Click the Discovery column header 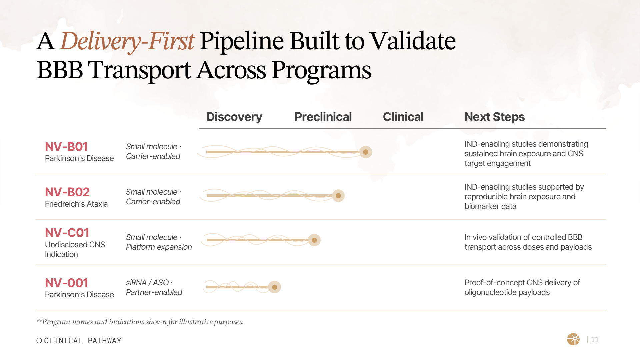pyautogui.click(x=234, y=117)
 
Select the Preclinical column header pyautogui.click(x=323, y=117)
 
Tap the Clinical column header pyautogui.click(x=403, y=117)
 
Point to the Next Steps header pyautogui.click(x=494, y=117)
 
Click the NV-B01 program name pyautogui.click(x=66, y=147)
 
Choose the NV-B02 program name pyautogui.click(x=67, y=192)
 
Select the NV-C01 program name pyautogui.click(x=67, y=233)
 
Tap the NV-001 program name pyautogui.click(x=66, y=283)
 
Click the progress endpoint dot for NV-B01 pyautogui.click(x=366, y=152)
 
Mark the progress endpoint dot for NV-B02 pyautogui.click(x=338, y=196)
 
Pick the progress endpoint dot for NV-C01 pyautogui.click(x=314, y=240)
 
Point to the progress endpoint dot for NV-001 pyautogui.click(x=275, y=287)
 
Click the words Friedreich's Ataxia pyautogui.click(x=76, y=204)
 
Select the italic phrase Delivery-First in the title pyautogui.click(x=127, y=41)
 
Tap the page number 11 pyautogui.click(x=595, y=340)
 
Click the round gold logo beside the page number pyautogui.click(x=573, y=339)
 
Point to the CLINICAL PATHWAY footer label pyautogui.click(x=82, y=341)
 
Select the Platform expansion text pyautogui.click(x=159, y=247)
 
